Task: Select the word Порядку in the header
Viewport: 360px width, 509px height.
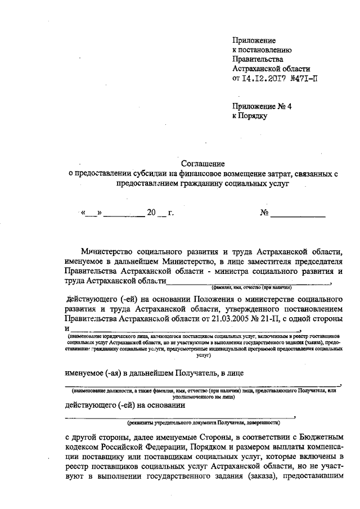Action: [x=254, y=115]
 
